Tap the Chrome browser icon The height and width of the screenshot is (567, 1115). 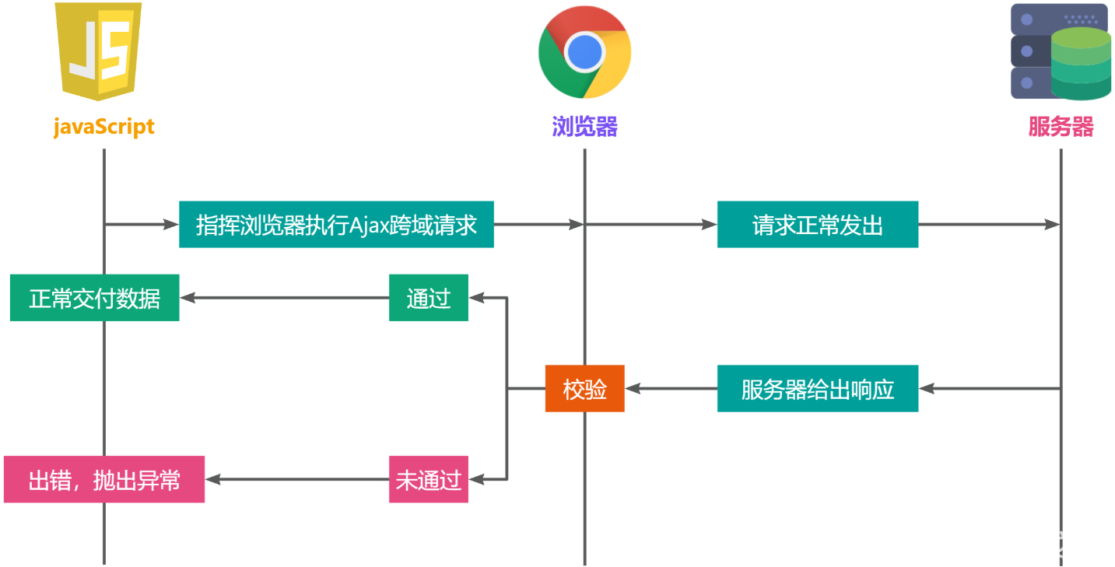tap(584, 52)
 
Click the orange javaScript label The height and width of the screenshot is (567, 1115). tap(103, 127)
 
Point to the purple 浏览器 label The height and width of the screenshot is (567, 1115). tap(584, 127)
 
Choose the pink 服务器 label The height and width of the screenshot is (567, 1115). tap(1061, 127)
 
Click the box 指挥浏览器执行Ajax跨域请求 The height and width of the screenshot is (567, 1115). tap(336, 226)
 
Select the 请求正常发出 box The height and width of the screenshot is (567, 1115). tap(817, 226)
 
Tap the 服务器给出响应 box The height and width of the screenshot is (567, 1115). tap(817, 389)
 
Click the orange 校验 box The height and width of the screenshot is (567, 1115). tap(584, 389)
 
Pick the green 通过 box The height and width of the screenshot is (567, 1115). tap(429, 298)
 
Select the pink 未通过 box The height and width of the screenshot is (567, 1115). tap(429, 480)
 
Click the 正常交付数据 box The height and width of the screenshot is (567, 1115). tap(94, 298)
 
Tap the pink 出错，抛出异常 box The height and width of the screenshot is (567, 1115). tap(103, 480)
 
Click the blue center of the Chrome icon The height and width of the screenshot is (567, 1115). tap(584, 52)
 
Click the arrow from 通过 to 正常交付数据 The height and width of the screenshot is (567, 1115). tap(284, 298)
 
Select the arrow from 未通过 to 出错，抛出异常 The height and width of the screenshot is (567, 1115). tap(296, 480)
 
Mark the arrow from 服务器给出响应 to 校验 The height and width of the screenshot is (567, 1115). tap(671, 388)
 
